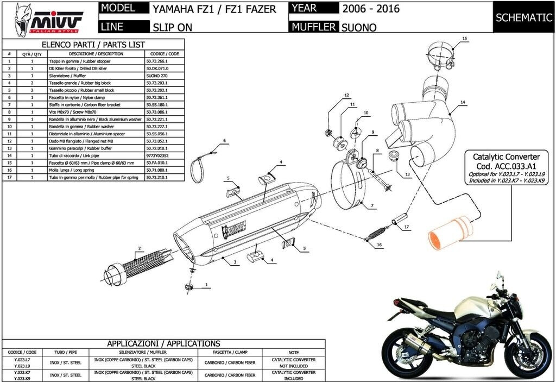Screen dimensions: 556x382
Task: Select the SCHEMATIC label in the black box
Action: pyautogui.click(x=523, y=17)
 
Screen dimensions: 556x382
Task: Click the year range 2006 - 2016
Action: pyautogui.click(x=371, y=9)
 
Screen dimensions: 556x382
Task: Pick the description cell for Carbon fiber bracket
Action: pyautogui.click(x=90, y=104)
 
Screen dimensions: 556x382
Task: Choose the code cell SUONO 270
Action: pyautogui.click(x=157, y=76)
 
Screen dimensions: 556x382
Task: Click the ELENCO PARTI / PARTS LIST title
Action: pyautogui.click(x=93, y=45)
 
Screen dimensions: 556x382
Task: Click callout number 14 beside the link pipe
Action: pyautogui.click(x=463, y=102)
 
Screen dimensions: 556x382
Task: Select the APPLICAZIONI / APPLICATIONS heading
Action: pyautogui.click(x=163, y=343)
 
